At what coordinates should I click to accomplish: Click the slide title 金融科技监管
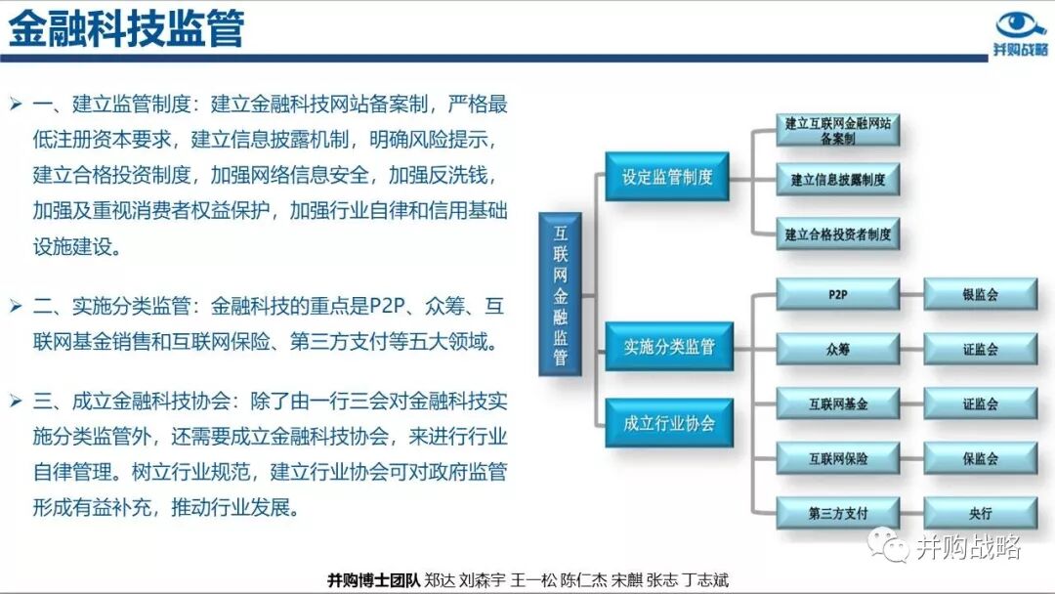tap(127, 28)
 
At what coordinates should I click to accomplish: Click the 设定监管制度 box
tap(667, 177)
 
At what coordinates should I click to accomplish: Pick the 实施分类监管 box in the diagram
tap(669, 347)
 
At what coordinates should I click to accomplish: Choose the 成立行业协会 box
tap(669, 423)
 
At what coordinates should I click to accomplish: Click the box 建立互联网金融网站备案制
tap(837, 131)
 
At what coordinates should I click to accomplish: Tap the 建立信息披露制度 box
tap(837, 180)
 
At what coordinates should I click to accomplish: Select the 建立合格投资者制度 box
tap(837, 234)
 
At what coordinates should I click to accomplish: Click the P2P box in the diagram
tap(837, 294)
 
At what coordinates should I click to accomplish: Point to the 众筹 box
tap(837, 349)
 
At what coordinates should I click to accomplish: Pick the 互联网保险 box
tap(837, 458)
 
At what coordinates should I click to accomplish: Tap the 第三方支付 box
tap(837, 513)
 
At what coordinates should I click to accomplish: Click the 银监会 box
tap(980, 294)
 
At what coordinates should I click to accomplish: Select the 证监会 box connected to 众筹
tap(980, 349)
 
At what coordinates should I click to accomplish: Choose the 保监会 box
tap(980, 458)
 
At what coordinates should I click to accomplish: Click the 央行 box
tap(980, 513)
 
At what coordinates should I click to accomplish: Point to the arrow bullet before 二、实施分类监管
tap(15, 307)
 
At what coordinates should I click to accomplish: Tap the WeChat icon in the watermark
tap(889, 546)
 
